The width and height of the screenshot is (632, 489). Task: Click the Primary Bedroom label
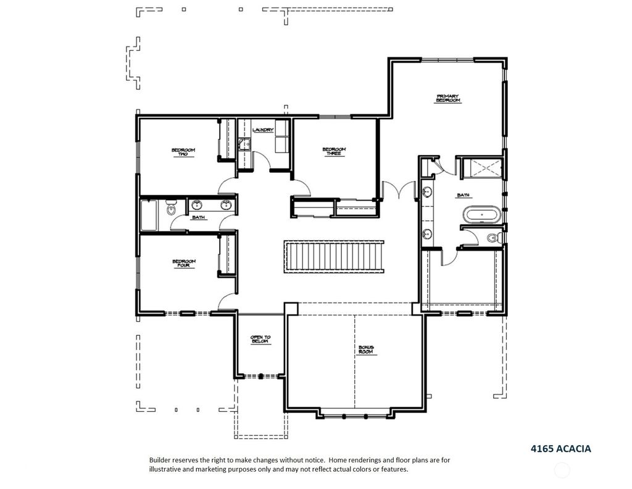pos(448,98)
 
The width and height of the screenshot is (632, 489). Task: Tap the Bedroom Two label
pos(183,152)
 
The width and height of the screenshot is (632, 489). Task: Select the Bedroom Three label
pos(334,151)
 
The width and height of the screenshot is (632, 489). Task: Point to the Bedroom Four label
pos(184,263)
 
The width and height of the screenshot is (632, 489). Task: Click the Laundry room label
pos(263,130)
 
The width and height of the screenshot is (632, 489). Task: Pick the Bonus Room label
pos(365,349)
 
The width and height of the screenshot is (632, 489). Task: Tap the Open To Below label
pos(260,340)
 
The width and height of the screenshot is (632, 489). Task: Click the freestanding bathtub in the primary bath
pos(481,214)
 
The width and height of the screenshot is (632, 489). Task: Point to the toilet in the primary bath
pos(493,238)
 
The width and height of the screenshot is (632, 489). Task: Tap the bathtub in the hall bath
pos(149,215)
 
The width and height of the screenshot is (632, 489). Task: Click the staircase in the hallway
pos(334,256)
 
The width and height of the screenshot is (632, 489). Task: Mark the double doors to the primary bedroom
pos(399,190)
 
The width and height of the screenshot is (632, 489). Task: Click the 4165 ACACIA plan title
pos(560,449)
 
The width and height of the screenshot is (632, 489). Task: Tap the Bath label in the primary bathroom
pos(463,195)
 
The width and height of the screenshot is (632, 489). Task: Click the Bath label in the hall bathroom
pos(198,217)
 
